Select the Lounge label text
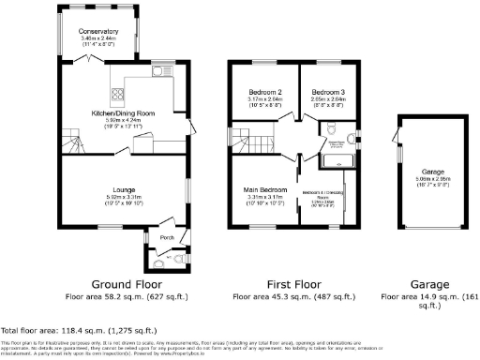[125, 188]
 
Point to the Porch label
[168, 236]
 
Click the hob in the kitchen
[120, 92]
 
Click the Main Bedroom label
[267, 188]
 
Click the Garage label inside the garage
[432, 172]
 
